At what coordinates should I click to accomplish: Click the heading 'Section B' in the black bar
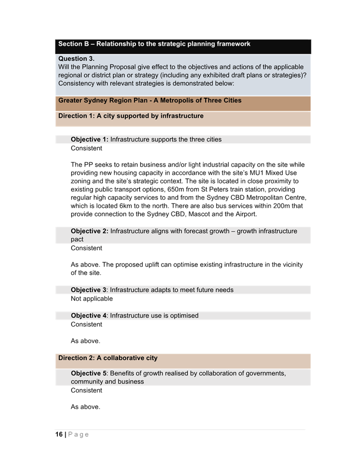[x=73, y=44]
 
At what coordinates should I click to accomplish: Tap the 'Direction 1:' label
[x=76, y=116]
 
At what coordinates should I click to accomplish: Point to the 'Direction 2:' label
[x=76, y=358]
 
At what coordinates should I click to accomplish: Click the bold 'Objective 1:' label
[x=90, y=140]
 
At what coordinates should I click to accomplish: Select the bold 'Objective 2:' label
[x=90, y=231]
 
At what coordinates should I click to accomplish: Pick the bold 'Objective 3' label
[x=89, y=290]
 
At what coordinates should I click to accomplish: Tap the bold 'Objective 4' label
[x=89, y=316]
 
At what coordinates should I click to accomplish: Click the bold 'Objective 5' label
[x=89, y=374]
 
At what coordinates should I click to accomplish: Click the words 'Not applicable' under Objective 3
[x=91, y=299]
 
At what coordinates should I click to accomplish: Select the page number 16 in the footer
[x=59, y=434]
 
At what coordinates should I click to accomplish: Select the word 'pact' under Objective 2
[x=77, y=240]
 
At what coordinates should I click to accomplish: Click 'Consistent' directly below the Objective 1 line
[x=86, y=148]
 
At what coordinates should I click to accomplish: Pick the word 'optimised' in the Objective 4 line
[x=184, y=316]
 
